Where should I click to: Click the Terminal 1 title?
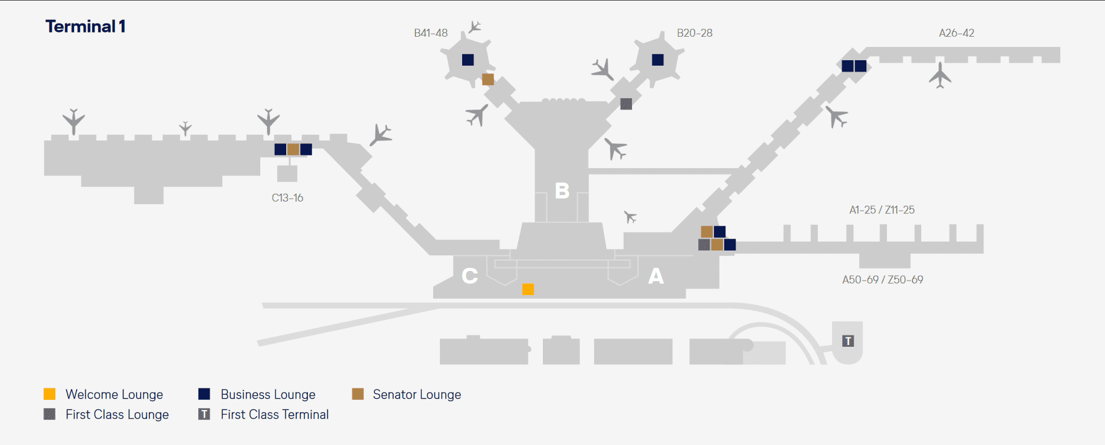click(85, 26)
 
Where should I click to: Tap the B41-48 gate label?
click(430, 33)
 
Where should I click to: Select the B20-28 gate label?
click(694, 33)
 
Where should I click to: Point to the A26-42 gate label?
click(956, 33)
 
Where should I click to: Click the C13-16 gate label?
click(287, 198)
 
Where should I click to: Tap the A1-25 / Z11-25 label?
click(881, 210)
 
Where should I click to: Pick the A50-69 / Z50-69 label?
click(882, 279)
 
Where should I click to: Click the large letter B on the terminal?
click(562, 191)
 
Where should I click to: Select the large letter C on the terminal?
click(469, 276)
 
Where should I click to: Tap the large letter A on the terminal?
click(656, 276)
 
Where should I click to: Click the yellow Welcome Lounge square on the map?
click(528, 289)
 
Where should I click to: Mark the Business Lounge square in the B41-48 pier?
click(468, 60)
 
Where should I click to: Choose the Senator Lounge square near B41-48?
click(488, 79)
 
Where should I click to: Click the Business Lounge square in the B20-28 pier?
click(657, 60)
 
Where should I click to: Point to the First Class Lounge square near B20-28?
click(626, 104)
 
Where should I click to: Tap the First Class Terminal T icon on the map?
click(848, 341)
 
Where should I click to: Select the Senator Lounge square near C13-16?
click(293, 149)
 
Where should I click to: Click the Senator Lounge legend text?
click(416, 394)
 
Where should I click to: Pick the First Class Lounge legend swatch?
click(49, 414)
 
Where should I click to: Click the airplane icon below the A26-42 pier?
click(939, 75)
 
